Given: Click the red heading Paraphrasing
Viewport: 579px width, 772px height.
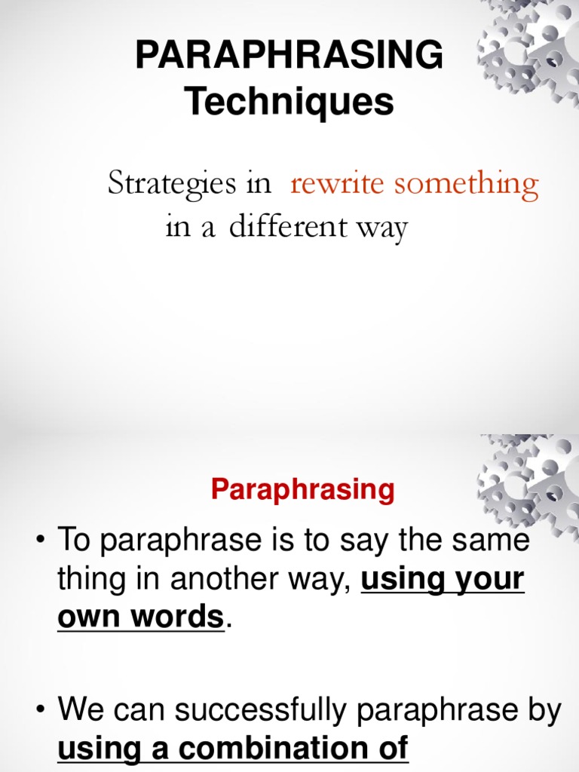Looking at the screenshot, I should tap(302, 490).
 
